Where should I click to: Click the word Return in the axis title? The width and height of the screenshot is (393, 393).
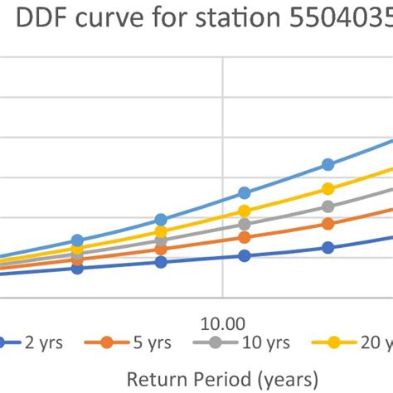(x=158, y=379)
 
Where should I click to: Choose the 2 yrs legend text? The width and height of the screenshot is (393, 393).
(x=51, y=343)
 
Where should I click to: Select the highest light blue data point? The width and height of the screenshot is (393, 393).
(x=328, y=164)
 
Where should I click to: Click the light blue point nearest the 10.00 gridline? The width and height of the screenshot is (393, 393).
(x=245, y=192)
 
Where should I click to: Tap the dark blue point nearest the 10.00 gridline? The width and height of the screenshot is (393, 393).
(x=245, y=256)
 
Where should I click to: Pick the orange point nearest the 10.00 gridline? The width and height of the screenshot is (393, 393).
(x=245, y=238)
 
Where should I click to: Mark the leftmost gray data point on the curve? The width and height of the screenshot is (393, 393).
(x=77, y=255)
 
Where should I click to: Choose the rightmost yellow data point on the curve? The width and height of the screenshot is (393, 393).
(x=328, y=189)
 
